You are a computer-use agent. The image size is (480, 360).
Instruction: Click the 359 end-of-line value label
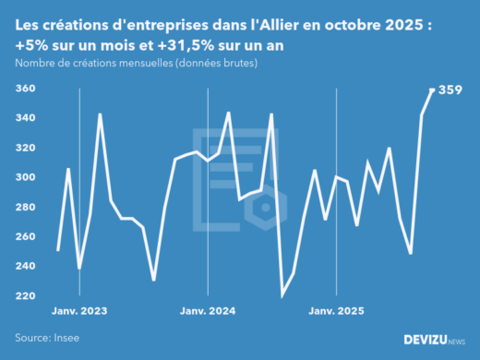450,90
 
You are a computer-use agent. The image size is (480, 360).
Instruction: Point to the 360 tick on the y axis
26,89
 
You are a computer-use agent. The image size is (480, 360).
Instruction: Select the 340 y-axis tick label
26,118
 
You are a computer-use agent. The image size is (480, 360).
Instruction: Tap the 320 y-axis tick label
26,148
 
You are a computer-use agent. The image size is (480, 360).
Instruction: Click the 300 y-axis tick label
26,177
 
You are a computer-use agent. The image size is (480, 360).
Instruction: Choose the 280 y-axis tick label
26,207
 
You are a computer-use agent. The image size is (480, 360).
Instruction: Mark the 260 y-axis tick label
26,236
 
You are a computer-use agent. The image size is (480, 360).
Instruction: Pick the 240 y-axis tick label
26,266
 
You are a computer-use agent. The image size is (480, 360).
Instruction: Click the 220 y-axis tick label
26,295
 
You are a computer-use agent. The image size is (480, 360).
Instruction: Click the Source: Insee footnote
47,339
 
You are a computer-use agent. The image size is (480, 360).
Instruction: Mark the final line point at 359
433,90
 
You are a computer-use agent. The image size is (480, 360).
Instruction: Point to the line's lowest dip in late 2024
282,294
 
